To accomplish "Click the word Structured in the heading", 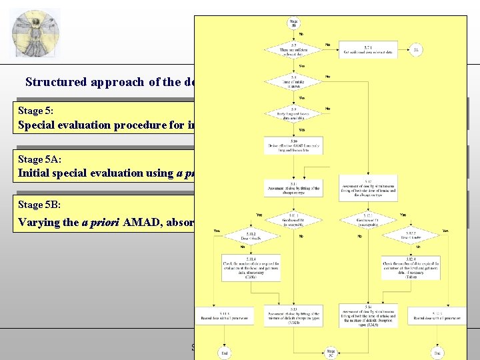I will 56,82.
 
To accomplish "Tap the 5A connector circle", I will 417,49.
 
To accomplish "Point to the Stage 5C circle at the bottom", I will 330,351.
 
